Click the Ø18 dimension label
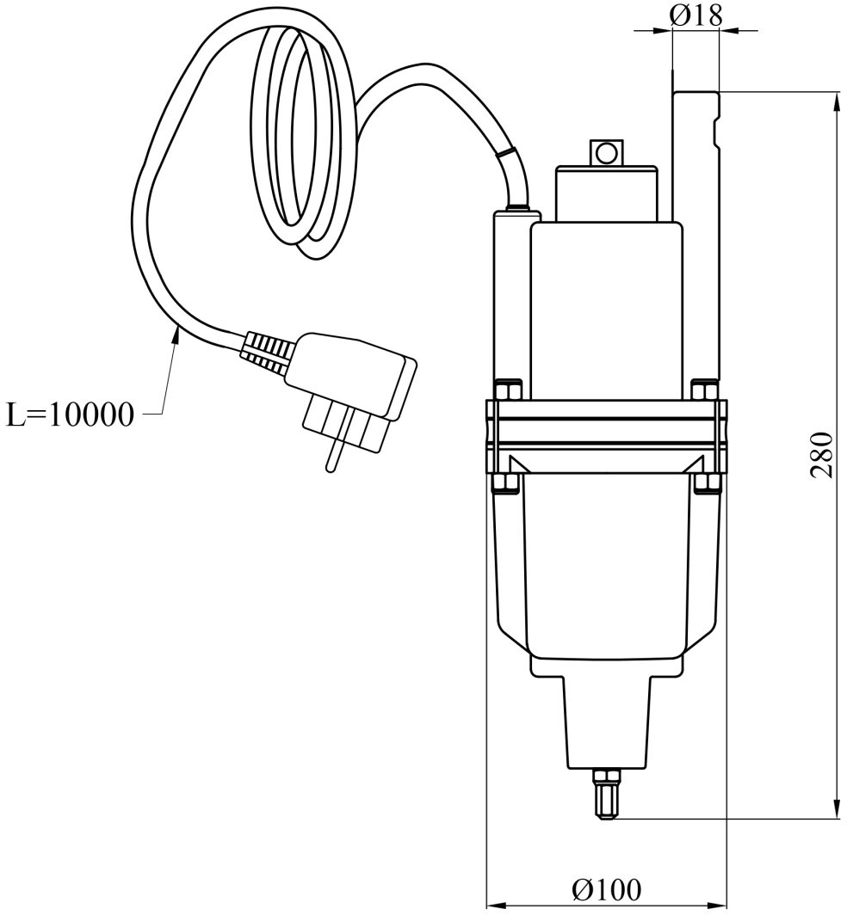[x=696, y=15]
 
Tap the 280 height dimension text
[x=822, y=455]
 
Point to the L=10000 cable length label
[x=70, y=415]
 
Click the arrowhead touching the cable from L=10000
[x=175, y=339]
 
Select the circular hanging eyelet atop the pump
[x=606, y=153]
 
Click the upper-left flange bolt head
[x=506, y=390]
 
